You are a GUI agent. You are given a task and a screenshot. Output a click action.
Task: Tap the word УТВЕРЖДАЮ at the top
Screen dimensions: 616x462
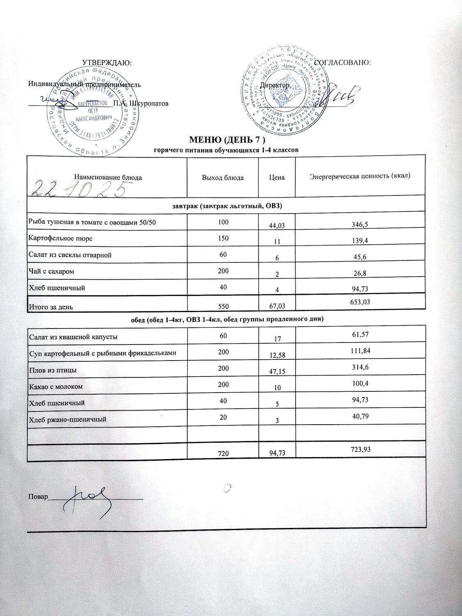[x=107, y=62]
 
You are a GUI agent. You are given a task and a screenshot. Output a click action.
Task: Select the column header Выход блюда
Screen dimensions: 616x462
[x=223, y=177]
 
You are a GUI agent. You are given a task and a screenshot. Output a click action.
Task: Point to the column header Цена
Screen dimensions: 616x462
[x=277, y=177]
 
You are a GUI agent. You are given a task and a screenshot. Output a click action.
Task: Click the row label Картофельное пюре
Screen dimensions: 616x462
[x=55, y=239]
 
